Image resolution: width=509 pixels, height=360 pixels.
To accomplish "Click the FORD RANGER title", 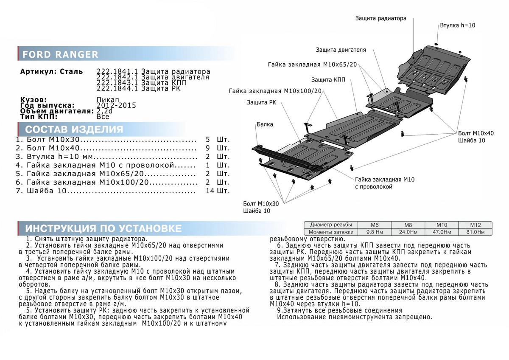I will coord(60,54).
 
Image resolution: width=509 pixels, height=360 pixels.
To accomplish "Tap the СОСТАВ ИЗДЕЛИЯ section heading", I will coord(74,129).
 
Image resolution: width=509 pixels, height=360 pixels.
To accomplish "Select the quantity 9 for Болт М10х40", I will coord(208,148).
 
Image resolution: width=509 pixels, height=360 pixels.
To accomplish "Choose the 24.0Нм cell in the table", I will coord(406,232).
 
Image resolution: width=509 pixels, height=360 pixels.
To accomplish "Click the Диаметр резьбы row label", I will coord(330,225).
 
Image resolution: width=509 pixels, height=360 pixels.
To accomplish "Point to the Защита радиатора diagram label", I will coord(381,19).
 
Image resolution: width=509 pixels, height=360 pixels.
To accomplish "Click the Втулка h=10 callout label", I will coord(457,25).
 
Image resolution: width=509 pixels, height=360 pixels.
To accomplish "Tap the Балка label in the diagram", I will coord(265,124).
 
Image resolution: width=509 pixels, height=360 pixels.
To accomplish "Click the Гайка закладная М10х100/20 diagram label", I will coord(275,91).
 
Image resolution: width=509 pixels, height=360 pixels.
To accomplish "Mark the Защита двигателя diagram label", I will coord(341,50).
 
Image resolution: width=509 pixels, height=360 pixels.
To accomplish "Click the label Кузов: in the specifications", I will coord(34,99).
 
